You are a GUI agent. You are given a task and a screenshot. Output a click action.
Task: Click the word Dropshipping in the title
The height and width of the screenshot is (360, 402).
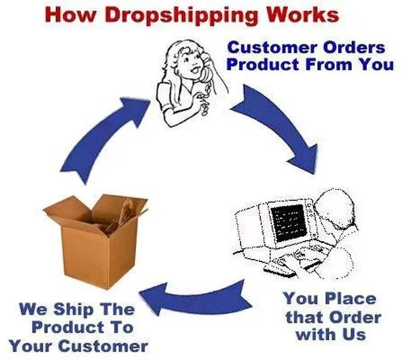tap(181, 16)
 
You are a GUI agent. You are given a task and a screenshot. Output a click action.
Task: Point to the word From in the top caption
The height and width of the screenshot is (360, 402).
tap(329, 64)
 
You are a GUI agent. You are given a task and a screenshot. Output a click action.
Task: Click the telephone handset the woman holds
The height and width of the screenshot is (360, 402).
tap(206, 68)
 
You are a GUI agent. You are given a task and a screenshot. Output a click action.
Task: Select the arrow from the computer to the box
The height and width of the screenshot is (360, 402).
tap(195, 298)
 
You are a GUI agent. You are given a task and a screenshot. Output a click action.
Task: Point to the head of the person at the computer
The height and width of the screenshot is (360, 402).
tap(335, 205)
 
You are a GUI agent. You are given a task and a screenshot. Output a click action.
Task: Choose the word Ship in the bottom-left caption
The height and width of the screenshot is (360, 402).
tap(73, 309)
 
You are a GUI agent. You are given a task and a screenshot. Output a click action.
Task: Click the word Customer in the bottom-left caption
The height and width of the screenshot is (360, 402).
tap(102, 346)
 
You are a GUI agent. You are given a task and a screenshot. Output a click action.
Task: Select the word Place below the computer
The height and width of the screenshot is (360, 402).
tap(350, 299)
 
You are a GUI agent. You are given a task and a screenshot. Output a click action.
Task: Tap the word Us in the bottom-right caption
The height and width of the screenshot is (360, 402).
tap(354, 335)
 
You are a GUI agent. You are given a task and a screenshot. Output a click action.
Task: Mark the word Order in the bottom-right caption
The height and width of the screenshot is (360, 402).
tap(355, 317)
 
